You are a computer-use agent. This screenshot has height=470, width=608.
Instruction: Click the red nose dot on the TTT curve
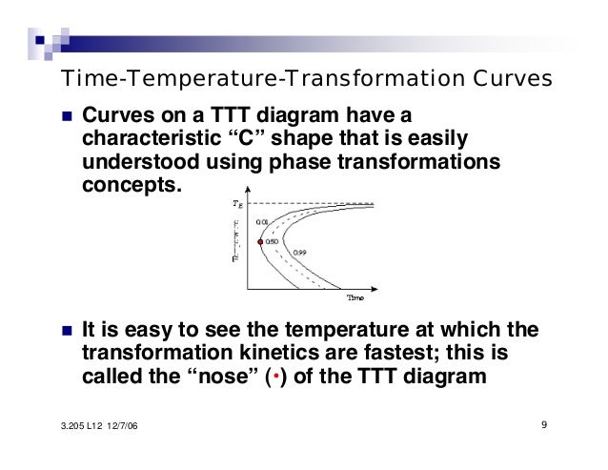[255, 242]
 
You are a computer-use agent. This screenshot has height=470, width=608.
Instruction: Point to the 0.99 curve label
[298, 253]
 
